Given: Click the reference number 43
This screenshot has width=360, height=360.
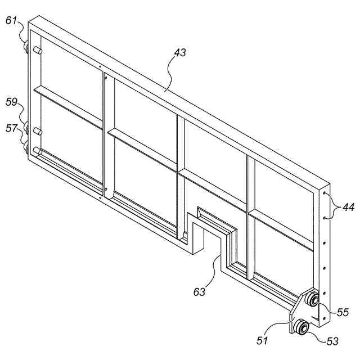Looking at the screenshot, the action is click(180, 53).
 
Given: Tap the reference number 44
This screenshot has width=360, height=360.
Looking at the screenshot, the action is click(348, 208).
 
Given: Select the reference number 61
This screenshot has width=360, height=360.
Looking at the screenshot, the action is click(11, 21).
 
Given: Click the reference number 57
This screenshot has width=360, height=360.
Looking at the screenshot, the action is click(11, 129).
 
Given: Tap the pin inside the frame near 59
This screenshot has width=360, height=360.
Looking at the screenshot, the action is click(38, 130).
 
